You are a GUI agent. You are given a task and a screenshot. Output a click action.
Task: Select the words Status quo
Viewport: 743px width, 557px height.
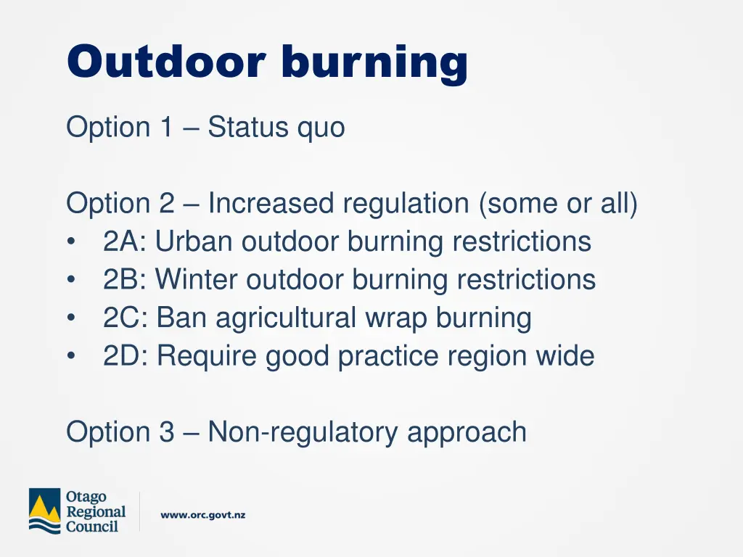point(276,128)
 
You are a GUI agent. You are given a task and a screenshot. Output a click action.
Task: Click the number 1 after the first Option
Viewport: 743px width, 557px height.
point(166,128)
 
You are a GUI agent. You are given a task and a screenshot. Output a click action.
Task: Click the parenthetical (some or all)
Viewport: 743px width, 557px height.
point(558,204)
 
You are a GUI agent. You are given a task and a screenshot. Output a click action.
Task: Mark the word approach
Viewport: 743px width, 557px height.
point(467,433)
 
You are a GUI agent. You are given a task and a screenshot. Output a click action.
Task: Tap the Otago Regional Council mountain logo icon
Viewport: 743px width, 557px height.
point(44,511)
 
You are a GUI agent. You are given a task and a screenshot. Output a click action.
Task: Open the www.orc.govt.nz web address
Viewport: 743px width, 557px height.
point(202,515)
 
